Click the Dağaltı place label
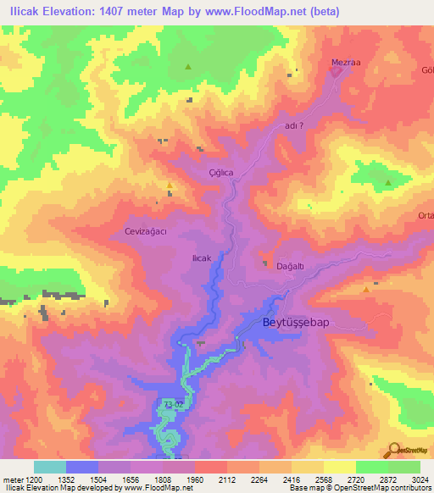point(291,266)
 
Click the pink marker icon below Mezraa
point(337,73)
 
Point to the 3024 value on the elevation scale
point(420,479)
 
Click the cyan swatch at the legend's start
point(50,467)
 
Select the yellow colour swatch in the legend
point(339,467)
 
